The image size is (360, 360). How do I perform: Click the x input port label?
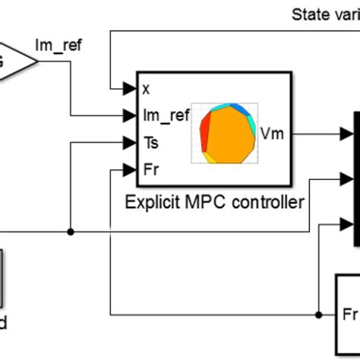pyautogui.click(x=146, y=88)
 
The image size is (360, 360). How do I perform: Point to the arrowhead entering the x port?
pyautogui.click(x=131, y=88)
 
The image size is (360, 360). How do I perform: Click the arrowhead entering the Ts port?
pyautogui.click(x=131, y=142)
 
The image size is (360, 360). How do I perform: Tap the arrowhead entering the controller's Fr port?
pyautogui.click(x=131, y=169)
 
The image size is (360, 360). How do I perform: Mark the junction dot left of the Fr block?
pyautogui.click(x=316, y=314)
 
